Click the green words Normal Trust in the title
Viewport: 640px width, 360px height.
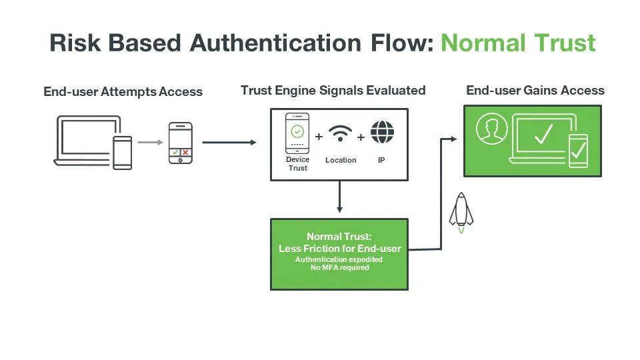pos(518,43)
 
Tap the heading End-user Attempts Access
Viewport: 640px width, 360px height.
pos(123,91)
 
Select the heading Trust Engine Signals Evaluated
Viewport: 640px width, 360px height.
pos(333,90)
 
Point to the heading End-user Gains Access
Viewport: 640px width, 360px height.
pos(535,90)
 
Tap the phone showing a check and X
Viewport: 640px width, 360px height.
pos(180,143)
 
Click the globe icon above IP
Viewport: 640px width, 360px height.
pos(382,132)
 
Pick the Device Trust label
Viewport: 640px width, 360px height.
pos(297,164)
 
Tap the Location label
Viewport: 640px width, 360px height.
pos(341,160)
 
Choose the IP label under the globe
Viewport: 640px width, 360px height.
pos(381,160)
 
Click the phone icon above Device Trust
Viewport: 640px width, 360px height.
pos(297,133)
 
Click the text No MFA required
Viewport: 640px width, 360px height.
pos(339,268)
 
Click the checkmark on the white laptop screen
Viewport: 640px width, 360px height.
pos(543,135)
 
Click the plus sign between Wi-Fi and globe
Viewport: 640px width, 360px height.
pos(361,136)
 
